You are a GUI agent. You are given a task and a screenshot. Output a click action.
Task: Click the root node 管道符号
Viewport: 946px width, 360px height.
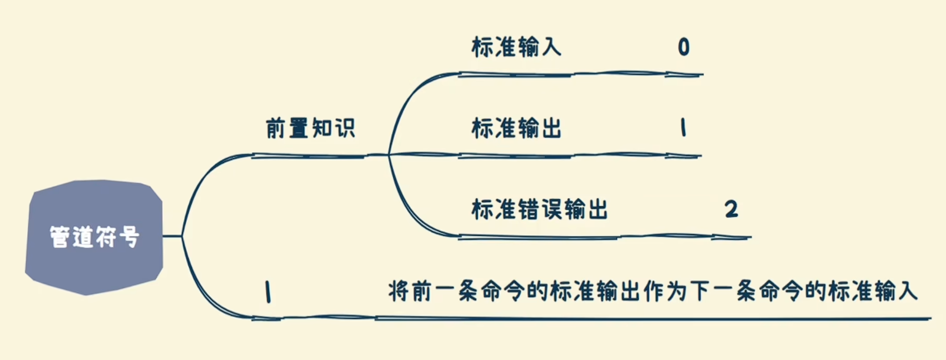coord(94,237)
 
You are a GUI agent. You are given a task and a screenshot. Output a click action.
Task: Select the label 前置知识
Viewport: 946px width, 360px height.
coord(310,128)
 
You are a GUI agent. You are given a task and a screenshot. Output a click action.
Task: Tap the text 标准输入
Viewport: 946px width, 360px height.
coord(516,47)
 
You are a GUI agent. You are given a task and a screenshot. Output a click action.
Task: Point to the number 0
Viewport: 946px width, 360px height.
coord(684,47)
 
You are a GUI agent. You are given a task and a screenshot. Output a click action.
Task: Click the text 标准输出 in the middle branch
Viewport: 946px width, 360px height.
coord(516,128)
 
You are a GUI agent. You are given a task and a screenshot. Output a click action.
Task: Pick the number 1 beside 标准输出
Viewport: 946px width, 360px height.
coord(683,127)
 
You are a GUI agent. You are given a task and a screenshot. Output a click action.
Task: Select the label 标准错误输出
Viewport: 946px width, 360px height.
coord(539,209)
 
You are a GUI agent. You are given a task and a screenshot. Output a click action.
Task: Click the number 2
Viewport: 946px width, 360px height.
coord(731,209)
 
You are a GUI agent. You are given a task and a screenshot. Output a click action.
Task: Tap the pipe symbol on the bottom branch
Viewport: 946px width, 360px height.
coord(268,292)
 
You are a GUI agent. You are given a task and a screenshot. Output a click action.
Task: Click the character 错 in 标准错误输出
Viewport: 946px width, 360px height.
coord(528,209)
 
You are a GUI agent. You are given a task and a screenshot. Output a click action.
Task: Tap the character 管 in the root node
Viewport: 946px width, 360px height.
coord(60,237)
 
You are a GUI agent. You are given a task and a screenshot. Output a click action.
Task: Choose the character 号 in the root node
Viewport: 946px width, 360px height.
coord(129,237)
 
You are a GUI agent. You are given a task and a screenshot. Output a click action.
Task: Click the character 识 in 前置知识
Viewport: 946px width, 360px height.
coord(345,128)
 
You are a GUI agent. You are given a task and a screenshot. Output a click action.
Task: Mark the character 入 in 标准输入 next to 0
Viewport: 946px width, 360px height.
coord(551,47)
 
